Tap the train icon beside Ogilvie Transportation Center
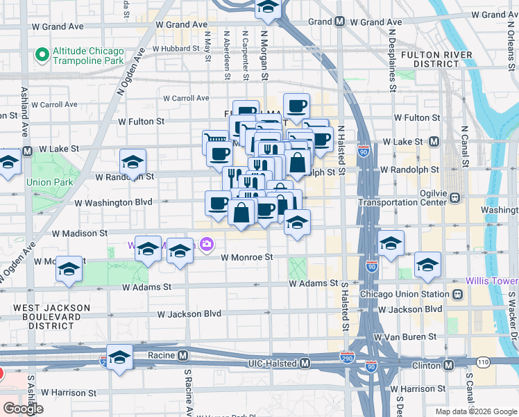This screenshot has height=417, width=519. coord(455,198)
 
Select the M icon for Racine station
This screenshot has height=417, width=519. coord(182,355)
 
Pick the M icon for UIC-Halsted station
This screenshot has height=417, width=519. coord(305,363)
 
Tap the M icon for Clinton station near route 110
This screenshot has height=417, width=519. coord(448,364)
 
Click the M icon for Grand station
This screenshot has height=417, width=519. coord(340,22)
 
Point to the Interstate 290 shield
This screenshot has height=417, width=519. coord(348,357)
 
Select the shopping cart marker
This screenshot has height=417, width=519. coord(211,140)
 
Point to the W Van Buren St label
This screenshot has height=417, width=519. coord(405,336)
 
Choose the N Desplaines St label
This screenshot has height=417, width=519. coord(392,56)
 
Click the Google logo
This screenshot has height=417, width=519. coord(23,409)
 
